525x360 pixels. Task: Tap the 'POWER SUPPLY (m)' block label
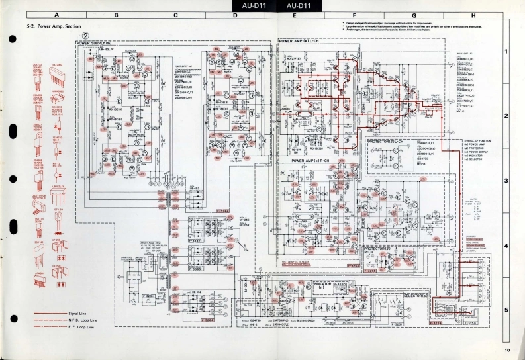93,42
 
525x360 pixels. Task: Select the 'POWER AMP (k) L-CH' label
299,41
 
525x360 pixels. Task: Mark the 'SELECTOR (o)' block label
420,295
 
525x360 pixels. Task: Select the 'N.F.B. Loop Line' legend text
83,320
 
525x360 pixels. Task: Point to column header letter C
175,15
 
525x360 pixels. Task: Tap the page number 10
506,350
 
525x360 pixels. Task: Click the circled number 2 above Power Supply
85,36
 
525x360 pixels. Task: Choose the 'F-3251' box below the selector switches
398,324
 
